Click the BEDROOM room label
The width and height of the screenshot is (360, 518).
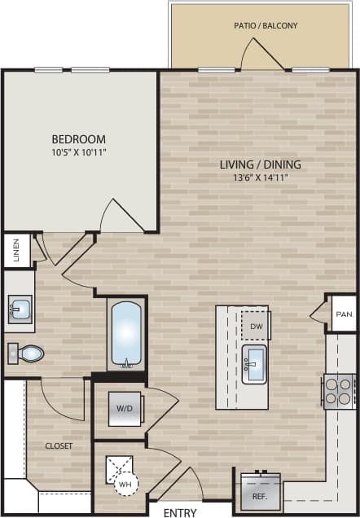79,138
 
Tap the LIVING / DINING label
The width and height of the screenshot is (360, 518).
261,163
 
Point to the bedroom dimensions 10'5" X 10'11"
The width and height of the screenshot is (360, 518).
79,151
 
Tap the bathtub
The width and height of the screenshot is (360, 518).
126,334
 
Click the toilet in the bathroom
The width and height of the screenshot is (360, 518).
28,353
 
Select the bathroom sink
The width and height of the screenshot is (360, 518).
20,309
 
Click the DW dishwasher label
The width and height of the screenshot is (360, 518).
256,326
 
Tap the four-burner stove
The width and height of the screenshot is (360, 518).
339,391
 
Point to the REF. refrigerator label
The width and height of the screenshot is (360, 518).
260,494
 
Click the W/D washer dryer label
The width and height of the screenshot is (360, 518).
125,408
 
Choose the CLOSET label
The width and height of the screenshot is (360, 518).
59,446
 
